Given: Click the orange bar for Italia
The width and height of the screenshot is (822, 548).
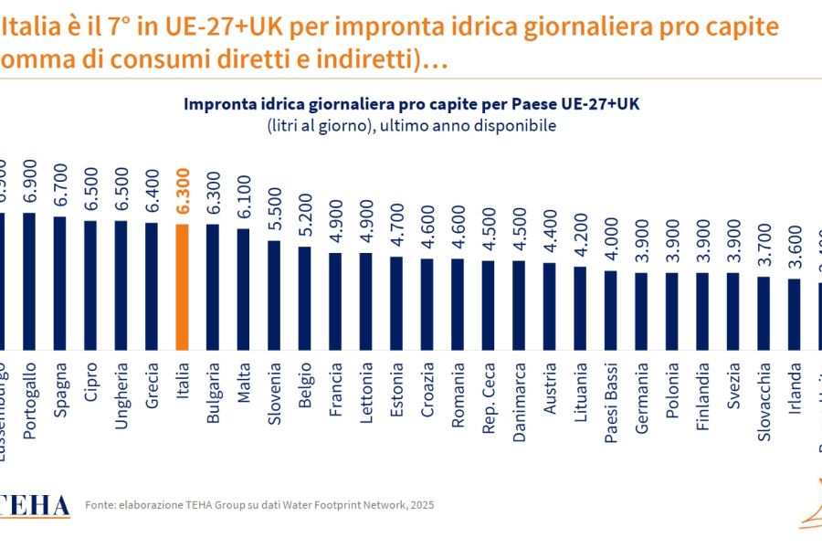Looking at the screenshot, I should (182, 287).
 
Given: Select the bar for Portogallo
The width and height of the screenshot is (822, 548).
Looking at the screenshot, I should (29, 281).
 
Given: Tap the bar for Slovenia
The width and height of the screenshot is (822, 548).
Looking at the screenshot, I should (274, 295).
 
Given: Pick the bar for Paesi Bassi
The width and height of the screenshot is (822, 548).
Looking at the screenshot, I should (611, 310).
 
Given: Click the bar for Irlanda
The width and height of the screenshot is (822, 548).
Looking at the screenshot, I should (795, 314).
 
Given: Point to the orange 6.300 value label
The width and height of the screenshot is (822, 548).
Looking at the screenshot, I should (182, 192).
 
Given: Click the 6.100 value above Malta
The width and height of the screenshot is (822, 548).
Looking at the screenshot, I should (244, 197).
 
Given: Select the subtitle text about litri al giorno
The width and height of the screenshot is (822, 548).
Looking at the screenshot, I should (411, 126).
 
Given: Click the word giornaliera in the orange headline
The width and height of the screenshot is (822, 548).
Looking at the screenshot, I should (595, 26).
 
